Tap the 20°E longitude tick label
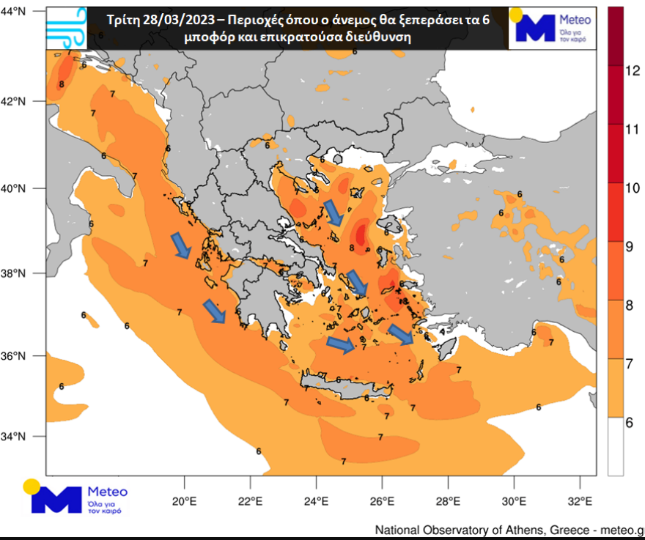click(183, 502)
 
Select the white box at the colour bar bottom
click(616, 447)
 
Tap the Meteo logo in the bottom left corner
click(77, 498)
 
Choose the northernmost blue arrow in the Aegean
click(333, 212)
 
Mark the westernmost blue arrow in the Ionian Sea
click(180, 245)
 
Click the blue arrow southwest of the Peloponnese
click(214, 311)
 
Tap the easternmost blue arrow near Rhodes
click(401, 335)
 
